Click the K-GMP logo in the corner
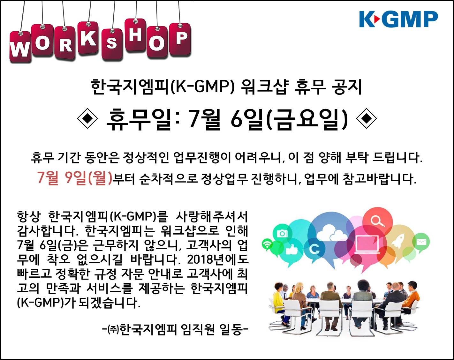[398, 19]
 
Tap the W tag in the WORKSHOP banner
[20, 47]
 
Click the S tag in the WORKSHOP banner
[112, 44]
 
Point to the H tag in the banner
[135, 35]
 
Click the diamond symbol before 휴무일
[87, 118]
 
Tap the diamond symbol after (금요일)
[366, 118]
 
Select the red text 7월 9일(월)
[75, 178]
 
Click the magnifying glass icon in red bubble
[378, 221]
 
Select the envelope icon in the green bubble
[421, 242]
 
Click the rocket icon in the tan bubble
[398, 240]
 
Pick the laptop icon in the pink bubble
[367, 244]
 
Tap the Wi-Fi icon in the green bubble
[267, 244]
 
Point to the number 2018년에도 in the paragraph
[218, 259]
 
